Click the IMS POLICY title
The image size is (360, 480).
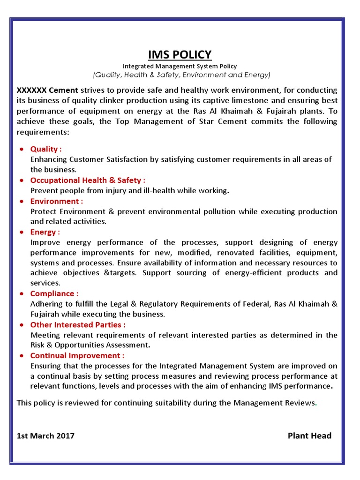pos(180,55)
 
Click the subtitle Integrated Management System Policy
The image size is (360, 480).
pos(180,67)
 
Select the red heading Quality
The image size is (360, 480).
pos(45,149)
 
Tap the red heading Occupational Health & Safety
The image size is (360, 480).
pos(88,180)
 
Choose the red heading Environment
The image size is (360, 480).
pos(56,201)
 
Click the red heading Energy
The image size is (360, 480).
pos(45,232)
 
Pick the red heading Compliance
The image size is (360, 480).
pos(54,293)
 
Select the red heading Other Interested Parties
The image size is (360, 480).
pos(77,324)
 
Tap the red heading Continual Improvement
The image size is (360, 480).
pos(77,355)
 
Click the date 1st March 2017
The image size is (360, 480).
pos(45,436)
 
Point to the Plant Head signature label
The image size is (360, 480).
pos(309,436)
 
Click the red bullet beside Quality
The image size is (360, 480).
pos(22,150)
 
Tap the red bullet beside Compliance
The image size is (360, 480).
pos(22,294)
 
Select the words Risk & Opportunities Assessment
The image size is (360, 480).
pos(90,345)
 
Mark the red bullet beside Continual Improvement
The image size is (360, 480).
pos(22,356)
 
